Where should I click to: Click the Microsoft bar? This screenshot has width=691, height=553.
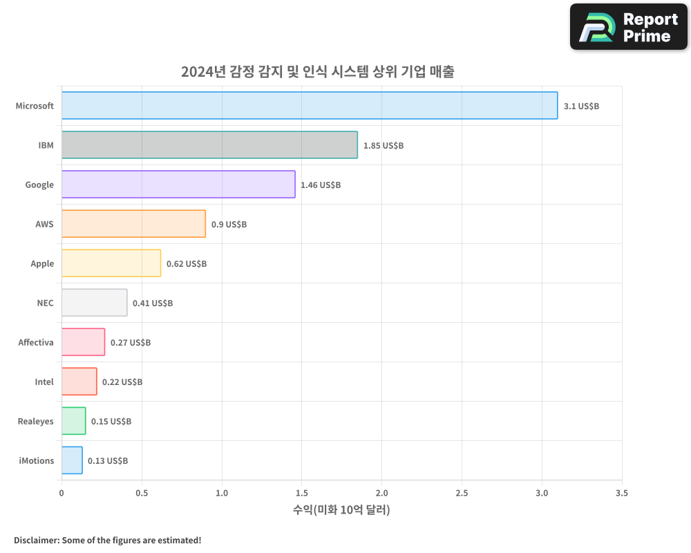[310, 106]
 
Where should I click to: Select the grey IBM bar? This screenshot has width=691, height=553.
[209, 145]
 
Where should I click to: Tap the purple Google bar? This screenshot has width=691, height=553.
[178, 185]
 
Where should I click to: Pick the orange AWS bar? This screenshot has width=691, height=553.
[133, 224]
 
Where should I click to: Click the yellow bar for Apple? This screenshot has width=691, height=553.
[111, 263]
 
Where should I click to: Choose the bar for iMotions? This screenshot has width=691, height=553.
[72, 460]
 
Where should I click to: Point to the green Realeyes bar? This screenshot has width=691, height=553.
[73, 421]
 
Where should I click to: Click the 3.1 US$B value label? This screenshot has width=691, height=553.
[581, 106]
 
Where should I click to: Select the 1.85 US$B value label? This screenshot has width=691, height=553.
[384, 146]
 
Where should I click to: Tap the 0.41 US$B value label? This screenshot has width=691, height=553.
[153, 303]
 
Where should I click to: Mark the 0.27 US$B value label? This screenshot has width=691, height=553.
[131, 343]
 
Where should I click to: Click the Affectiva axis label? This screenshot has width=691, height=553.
[36, 342]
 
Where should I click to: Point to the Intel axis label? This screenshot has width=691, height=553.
[44, 382]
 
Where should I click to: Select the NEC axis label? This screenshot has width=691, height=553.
[45, 303]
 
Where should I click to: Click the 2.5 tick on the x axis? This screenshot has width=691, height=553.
[462, 494]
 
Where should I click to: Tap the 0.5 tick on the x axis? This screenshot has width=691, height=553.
[142, 494]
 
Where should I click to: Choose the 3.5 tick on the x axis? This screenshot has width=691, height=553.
[622, 494]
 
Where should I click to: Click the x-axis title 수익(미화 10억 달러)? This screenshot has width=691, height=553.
[341, 511]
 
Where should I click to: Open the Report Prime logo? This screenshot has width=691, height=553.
[629, 27]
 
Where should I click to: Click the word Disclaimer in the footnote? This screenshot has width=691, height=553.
[35, 541]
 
